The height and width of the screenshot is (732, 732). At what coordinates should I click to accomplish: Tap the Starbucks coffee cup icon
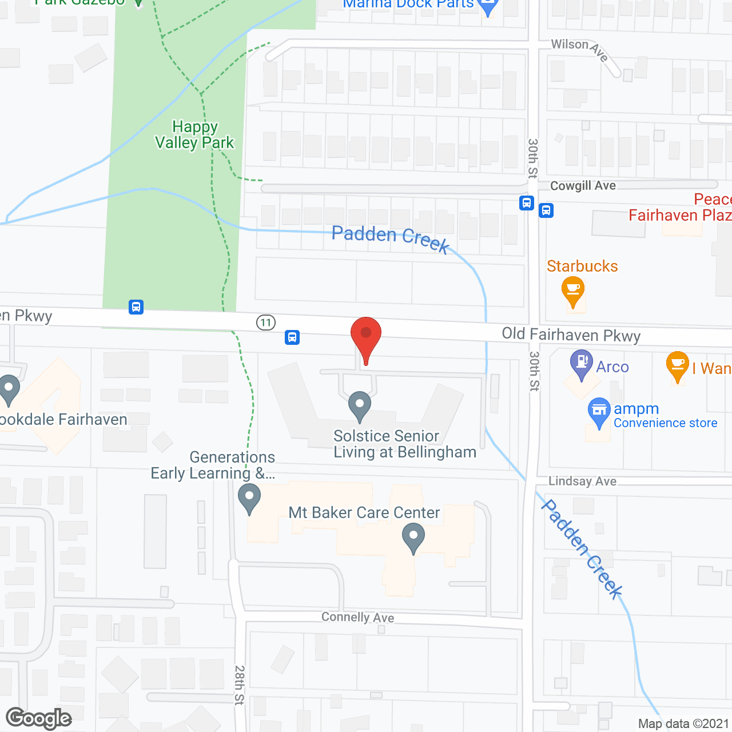pos(572,290)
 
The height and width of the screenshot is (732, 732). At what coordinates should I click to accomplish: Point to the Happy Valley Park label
pos(194,135)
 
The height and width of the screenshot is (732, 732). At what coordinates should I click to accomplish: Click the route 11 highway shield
pos(266,323)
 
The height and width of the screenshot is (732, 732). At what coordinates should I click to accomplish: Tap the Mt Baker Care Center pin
pos(413,539)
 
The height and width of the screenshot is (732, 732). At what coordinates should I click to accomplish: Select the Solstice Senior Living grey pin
pos(359,406)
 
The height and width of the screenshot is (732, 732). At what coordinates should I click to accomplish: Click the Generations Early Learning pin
pos(249,498)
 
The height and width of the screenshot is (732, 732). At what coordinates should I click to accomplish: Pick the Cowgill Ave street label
pos(583,186)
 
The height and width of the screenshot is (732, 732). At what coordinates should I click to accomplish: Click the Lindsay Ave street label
pos(582,482)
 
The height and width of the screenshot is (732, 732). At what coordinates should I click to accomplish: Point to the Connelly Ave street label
pos(357,617)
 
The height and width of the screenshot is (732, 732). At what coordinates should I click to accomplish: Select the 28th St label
pos(240,685)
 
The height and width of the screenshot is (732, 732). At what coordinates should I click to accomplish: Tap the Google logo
pos(39,718)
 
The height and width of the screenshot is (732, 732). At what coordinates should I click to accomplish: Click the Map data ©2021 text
pos(683,724)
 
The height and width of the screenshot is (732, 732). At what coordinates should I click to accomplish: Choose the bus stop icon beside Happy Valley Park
pos(136,307)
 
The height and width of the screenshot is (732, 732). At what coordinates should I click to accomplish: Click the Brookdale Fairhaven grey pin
pos(9,389)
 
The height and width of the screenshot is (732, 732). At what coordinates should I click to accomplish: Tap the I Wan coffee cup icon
pos(678,366)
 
